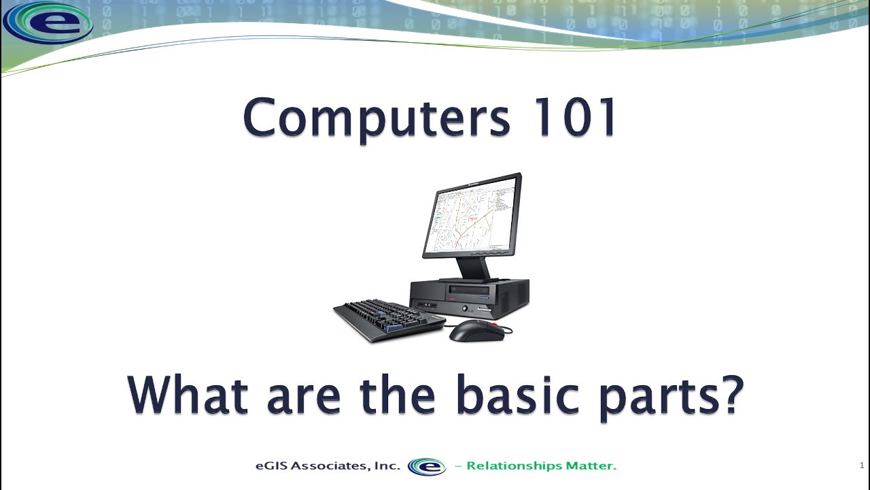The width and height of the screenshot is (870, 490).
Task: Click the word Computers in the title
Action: coord(376,118)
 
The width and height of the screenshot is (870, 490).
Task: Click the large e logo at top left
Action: coord(47,22)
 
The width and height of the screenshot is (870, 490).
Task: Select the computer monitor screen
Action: coord(471,215)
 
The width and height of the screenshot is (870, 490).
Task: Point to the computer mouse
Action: coord(476,330)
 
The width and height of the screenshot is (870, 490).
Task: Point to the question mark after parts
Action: coord(731,395)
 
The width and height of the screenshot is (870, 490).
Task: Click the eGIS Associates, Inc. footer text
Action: coord(328,466)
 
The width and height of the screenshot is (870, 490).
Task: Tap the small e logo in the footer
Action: coord(427,467)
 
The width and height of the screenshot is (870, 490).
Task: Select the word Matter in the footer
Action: coord(591,466)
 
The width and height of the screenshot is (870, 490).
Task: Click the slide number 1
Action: coord(862,465)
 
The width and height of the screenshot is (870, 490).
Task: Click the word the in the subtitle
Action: coord(396,395)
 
